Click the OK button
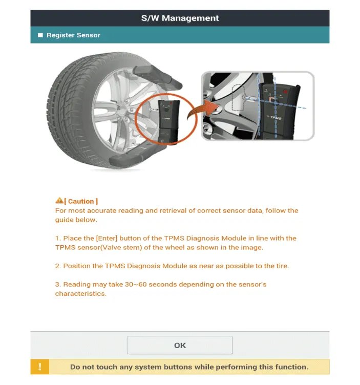click(180, 345)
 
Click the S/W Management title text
click(180, 18)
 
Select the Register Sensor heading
click(73, 35)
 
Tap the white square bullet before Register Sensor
click(40, 35)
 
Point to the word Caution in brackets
click(81, 201)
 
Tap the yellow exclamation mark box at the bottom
click(40, 367)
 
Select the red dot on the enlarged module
click(284, 92)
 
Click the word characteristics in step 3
click(80, 294)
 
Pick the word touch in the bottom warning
click(118, 367)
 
